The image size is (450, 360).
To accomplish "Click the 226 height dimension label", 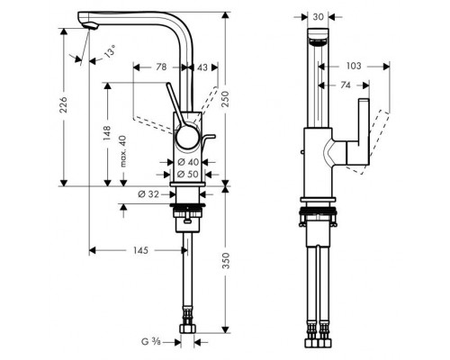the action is [x=64, y=104].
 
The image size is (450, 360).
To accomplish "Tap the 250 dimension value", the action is [x=225, y=99].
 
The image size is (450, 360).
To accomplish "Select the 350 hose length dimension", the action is [x=226, y=261].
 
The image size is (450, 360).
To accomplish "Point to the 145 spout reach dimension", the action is [x=140, y=250].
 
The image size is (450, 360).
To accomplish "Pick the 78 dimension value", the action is [x=161, y=67].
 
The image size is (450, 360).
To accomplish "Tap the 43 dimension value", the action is [x=202, y=67].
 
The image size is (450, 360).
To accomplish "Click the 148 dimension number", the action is [x=107, y=133].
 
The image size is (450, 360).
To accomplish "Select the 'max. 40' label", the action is [x=123, y=151].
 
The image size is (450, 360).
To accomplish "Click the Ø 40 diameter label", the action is [x=188, y=162].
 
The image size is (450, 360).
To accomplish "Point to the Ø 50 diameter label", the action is [x=188, y=174].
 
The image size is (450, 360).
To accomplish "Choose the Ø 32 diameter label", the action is [x=148, y=194].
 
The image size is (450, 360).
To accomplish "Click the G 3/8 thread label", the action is [x=151, y=341].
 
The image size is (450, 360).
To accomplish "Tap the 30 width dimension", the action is [x=319, y=17].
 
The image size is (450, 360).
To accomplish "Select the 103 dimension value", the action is [x=354, y=66].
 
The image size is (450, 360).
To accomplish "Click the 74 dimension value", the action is [x=346, y=85].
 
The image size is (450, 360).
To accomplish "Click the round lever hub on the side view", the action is [x=187, y=138].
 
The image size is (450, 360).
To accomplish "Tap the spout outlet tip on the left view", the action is [x=90, y=27].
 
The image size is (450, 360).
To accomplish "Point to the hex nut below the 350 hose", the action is [x=188, y=328].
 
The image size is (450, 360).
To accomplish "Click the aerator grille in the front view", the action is [x=318, y=42].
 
